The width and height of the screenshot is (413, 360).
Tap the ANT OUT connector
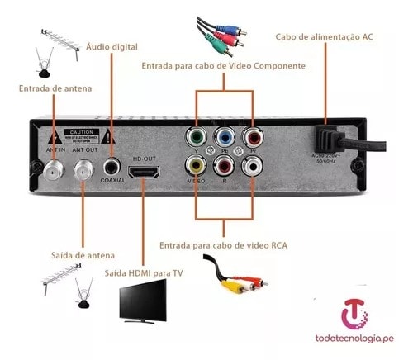[84, 170]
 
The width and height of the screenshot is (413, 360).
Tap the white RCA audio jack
[250, 165]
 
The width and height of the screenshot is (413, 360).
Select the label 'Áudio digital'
[112, 46]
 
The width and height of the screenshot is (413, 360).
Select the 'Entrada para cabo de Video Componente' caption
[223, 65]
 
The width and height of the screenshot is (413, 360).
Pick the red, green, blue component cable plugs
[218, 34]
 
